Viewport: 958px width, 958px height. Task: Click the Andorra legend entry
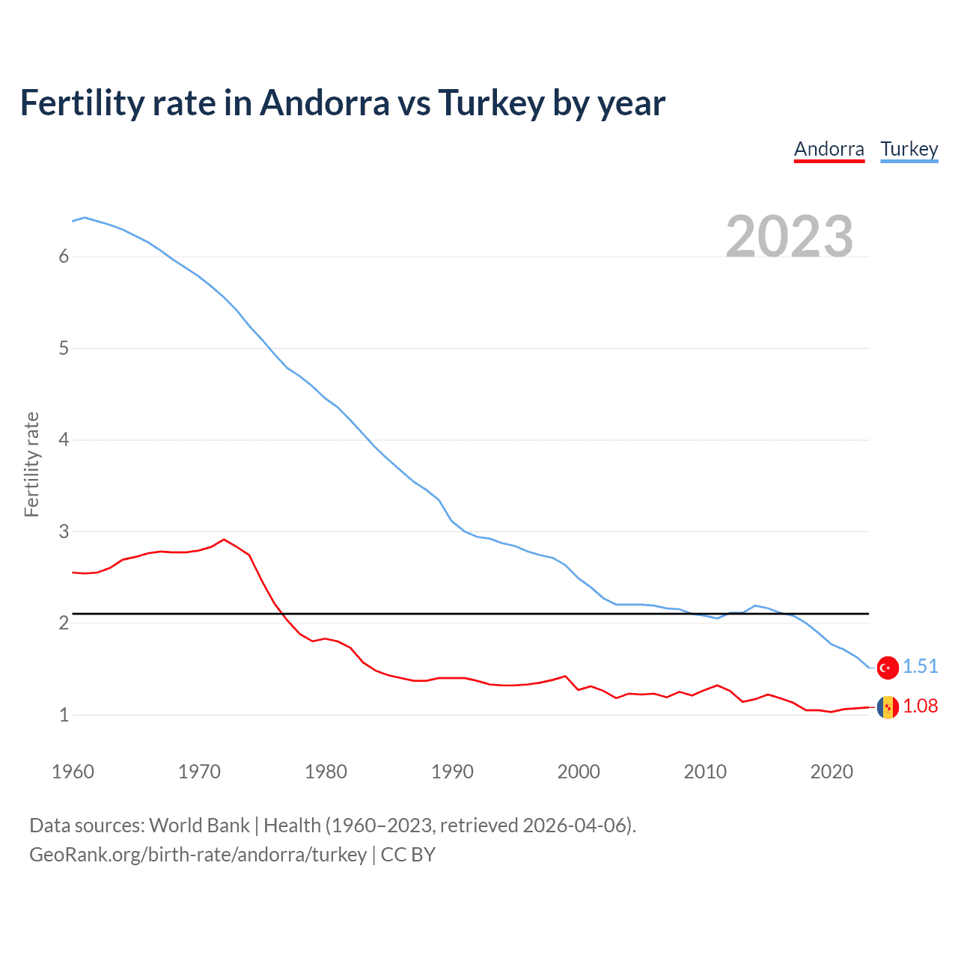(829, 149)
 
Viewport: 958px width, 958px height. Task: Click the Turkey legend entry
(909, 149)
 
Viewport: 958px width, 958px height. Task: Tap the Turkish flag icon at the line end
(888, 668)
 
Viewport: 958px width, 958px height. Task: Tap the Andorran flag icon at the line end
(888, 707)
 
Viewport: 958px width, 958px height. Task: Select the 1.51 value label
(920, 666)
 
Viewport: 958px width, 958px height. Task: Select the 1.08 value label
(920, 706)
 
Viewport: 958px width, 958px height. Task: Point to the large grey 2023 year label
(789, 237)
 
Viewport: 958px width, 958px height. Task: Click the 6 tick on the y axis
(64, 257)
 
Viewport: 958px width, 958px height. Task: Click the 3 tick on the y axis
(64, 531)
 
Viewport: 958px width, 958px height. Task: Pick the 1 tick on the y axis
(64, 715)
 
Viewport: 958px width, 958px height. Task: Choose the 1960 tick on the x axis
(73, 772)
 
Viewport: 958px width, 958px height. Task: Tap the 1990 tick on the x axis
(452, 772)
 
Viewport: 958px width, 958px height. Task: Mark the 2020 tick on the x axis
(832, 772)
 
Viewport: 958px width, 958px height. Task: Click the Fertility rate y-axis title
(31, 464)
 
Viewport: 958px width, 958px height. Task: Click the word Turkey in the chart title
(490, 103)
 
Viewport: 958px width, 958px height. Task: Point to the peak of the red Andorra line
(224, 539)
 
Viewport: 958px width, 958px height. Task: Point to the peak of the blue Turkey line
(85, 217)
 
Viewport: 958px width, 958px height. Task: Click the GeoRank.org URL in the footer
(198, 855)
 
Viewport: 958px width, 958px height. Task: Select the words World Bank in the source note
(199, 826)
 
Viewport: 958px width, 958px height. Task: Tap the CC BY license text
(408, 855)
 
